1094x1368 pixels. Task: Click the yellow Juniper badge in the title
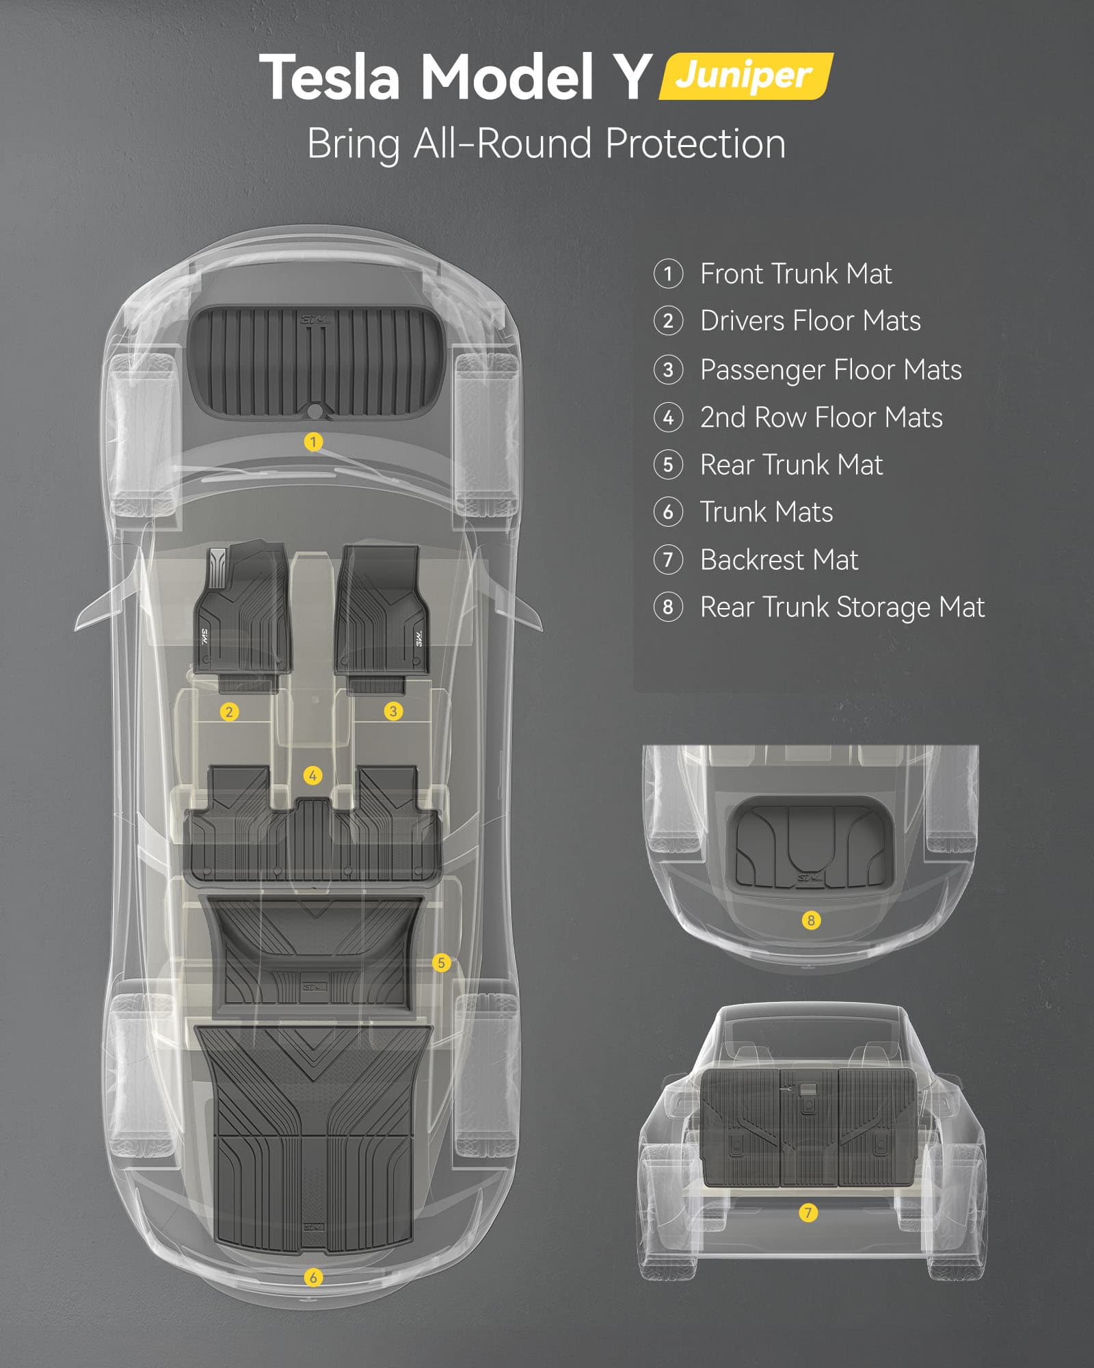tap(746, 76)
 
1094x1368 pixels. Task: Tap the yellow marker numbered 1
tap(313, 442)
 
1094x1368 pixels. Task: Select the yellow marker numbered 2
tap(229, 712)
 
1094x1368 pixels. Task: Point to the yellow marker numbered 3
tap(393, 711)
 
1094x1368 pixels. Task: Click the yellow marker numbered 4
tap(312, 776)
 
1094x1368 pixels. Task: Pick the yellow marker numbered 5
tap(442, 963)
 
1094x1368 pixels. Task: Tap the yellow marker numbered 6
tap(313, 1277)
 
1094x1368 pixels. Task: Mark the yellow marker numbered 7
tap(808, 1213)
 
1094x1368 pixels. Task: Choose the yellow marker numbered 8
tap(811, 920)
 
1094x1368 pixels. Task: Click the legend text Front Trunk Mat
tap(796, 274)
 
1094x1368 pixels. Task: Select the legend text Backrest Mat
tap(779, 560)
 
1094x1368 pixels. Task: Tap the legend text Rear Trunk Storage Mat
tap(842, 607)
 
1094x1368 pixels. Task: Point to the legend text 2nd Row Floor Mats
tap(821, 417)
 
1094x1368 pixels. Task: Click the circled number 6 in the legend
tap(668, 512)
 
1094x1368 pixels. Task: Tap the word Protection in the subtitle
tap(695, 144)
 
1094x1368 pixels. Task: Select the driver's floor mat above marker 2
tap(243, 616)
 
